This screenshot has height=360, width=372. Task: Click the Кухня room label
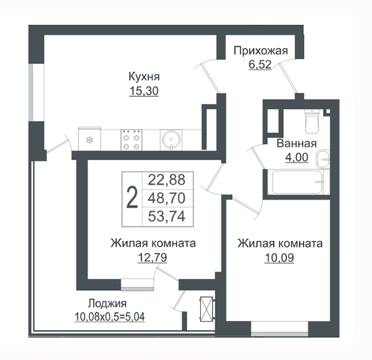point(144,77)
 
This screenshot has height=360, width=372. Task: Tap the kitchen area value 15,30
point(144,91)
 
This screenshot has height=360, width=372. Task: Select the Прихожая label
point(261,51)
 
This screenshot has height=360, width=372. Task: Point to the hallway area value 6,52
point(260,64)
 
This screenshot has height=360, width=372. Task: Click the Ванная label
point(296,144)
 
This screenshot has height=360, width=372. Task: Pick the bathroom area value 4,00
point(296,157)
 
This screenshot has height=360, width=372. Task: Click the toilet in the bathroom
point(312,121)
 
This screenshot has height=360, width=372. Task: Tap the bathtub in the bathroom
point(298,182)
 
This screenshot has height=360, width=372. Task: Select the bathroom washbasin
point(322,159)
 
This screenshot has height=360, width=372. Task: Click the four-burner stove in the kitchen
point(132,140)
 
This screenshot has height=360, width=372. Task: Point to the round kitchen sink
point(171,140)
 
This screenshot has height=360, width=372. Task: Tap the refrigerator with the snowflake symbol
point(90,139)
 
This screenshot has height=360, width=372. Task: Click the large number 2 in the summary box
point(132,197)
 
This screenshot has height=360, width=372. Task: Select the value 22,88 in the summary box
point(167,180)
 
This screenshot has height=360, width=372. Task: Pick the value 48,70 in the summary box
point(167,198)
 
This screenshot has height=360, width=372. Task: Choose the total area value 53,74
point(167,216)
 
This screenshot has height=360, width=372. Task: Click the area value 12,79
point(152,258)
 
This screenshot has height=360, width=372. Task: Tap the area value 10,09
point(279,258)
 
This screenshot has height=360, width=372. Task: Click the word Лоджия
point(107,303)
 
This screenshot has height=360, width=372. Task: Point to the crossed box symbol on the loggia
point(207,309)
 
